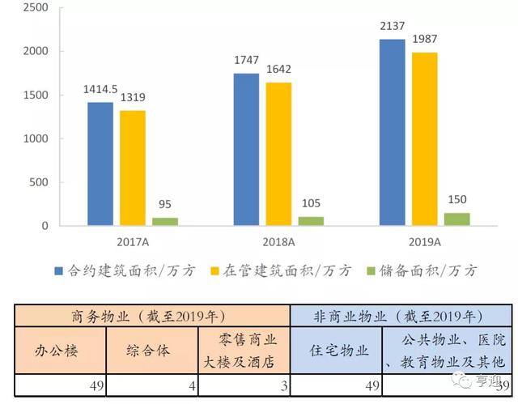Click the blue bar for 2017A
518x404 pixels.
coord(100,164)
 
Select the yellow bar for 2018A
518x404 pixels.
coord(278,154)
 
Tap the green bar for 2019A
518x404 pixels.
coord(456,219)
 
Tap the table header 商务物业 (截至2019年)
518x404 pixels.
coord(151,315)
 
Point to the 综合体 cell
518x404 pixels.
coord(151,351)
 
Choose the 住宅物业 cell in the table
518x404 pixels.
coord(339,351)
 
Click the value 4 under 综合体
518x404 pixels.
coord(192,386)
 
